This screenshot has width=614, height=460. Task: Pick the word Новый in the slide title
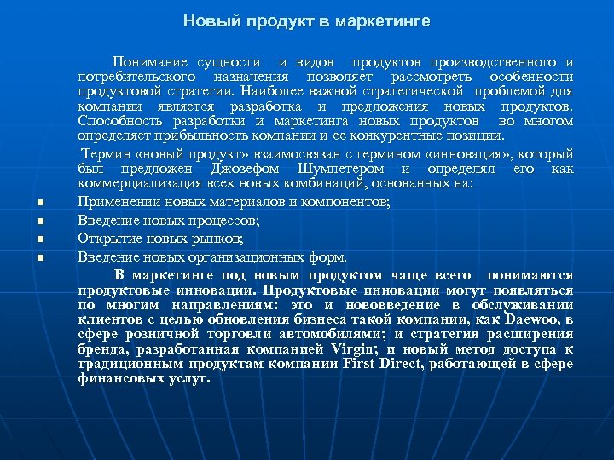pos(204,20)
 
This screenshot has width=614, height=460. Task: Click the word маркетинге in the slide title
pos(382,20)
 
